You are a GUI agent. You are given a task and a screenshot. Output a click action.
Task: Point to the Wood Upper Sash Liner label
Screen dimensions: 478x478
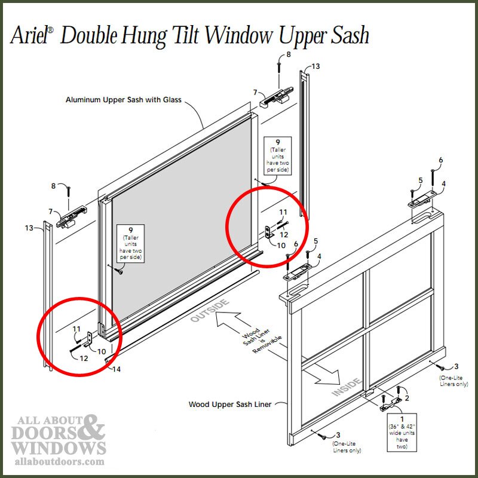(230, 405)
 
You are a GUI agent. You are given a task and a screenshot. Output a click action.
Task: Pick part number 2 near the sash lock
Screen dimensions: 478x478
(406, 397)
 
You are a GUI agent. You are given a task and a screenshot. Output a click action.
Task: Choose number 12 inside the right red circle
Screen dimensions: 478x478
(284, 235)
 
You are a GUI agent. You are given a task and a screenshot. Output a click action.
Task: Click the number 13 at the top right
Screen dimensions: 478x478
(315, 66)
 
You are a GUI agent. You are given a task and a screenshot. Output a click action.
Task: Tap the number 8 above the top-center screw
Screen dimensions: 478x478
(289, 55)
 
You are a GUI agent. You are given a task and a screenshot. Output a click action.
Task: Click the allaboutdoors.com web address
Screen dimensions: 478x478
(58, 462)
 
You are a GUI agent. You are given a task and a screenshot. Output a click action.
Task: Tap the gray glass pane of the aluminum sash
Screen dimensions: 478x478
(179, 197)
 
